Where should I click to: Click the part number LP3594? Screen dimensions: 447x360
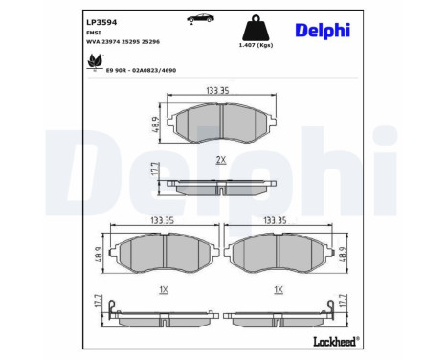[101, 22]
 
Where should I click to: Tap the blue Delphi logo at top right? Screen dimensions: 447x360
[323, 31]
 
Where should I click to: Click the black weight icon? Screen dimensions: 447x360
[256, 28]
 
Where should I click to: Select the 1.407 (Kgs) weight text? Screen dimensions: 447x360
[256, 45]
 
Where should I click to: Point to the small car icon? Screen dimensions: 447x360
[200, 18]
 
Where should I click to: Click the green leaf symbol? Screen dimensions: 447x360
[96, 61]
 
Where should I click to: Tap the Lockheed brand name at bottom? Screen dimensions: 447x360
[337, 342]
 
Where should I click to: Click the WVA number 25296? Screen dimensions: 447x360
[150, 42]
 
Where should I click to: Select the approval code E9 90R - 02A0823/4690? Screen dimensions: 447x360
[141, 70]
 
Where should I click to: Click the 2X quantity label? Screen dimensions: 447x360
[221, 160]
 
